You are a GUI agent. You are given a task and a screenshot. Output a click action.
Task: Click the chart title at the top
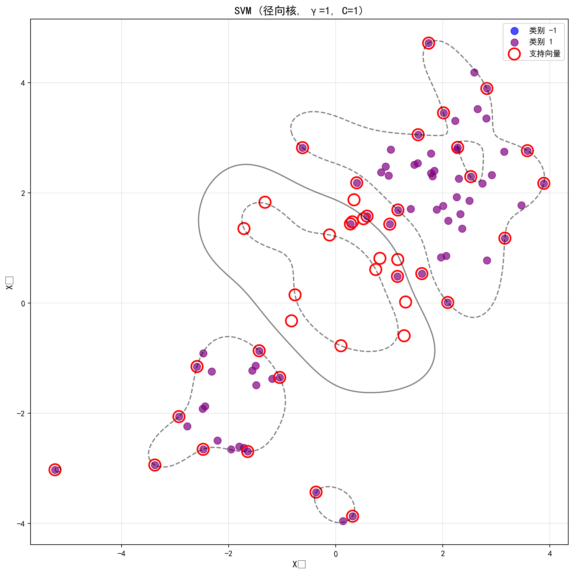click(x=299, y=11)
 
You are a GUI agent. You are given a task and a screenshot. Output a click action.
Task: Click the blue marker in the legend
click(x=514, y=31)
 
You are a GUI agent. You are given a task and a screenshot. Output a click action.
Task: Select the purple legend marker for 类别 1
click(x=514, y=42)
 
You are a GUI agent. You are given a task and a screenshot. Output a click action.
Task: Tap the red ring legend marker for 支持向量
click(x=514, y=54)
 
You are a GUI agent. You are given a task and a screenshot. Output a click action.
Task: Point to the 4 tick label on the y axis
click(x=23, y=83)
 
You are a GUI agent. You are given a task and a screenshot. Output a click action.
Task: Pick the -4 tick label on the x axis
click(x=121, y=554)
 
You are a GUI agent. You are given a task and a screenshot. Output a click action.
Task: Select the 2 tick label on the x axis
click(x=443, y=554)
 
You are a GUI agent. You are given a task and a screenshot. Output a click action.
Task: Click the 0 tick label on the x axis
click(x=336, y=554)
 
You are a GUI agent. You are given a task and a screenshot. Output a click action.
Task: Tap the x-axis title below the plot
click(x=299, y=564)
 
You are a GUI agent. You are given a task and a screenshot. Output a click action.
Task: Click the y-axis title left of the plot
click(x=10, y=283)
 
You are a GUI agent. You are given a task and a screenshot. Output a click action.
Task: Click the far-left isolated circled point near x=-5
click(x=55, y=470)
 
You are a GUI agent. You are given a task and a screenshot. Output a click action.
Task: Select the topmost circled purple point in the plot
click(x=429, y=43)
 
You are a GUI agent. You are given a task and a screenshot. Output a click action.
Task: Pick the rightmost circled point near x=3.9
click(x=544, y=183)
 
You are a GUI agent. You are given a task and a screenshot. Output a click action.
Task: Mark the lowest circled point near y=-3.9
click(x=352, y=516)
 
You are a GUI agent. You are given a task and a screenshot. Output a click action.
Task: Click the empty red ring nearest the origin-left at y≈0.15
click(x=295, y=295)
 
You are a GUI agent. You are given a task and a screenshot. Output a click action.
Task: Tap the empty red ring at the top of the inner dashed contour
click(x=265, y=202)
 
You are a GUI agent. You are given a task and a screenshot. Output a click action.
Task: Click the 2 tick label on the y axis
click(x=23, y=193)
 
